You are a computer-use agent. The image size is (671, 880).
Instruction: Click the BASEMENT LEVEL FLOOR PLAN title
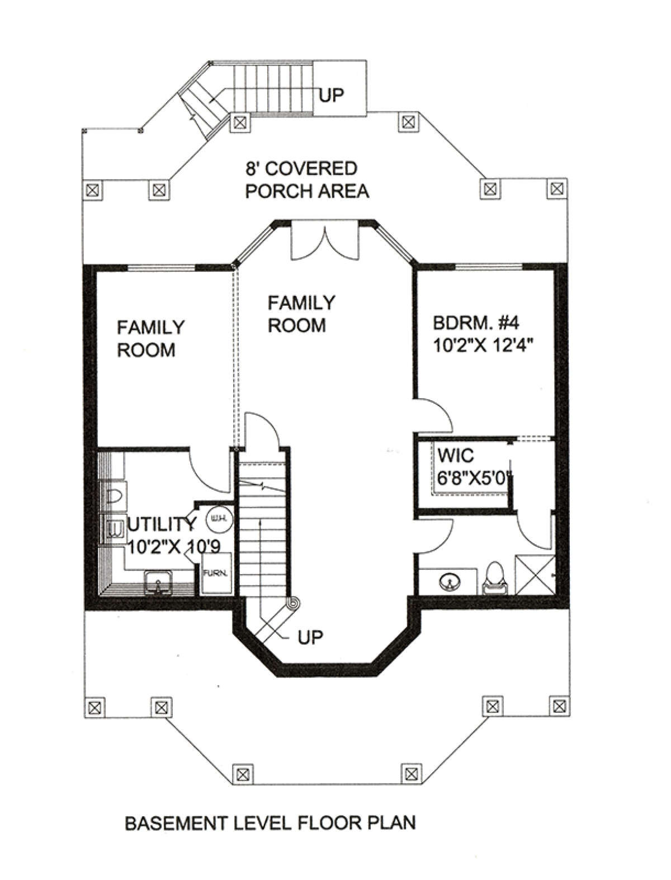click(x=271, y=824)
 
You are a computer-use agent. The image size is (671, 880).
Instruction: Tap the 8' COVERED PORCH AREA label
click(x=306, y=180)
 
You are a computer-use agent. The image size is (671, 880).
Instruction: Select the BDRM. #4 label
click(x=476, y=323)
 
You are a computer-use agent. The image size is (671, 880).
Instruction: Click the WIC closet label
click(x=456, y=456)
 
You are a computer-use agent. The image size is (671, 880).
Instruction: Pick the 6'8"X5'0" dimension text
click(x=475, y=478)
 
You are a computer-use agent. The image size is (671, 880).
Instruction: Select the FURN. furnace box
click(x=216, y=573)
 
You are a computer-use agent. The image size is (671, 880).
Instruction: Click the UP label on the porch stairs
click(x=332, y=96)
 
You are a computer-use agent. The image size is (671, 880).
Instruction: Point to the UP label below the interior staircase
click(x=310, y=637)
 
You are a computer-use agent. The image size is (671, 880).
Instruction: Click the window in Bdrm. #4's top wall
click(x=489, y=266)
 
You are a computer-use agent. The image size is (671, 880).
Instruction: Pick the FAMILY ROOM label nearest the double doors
click(x=301, y=314)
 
